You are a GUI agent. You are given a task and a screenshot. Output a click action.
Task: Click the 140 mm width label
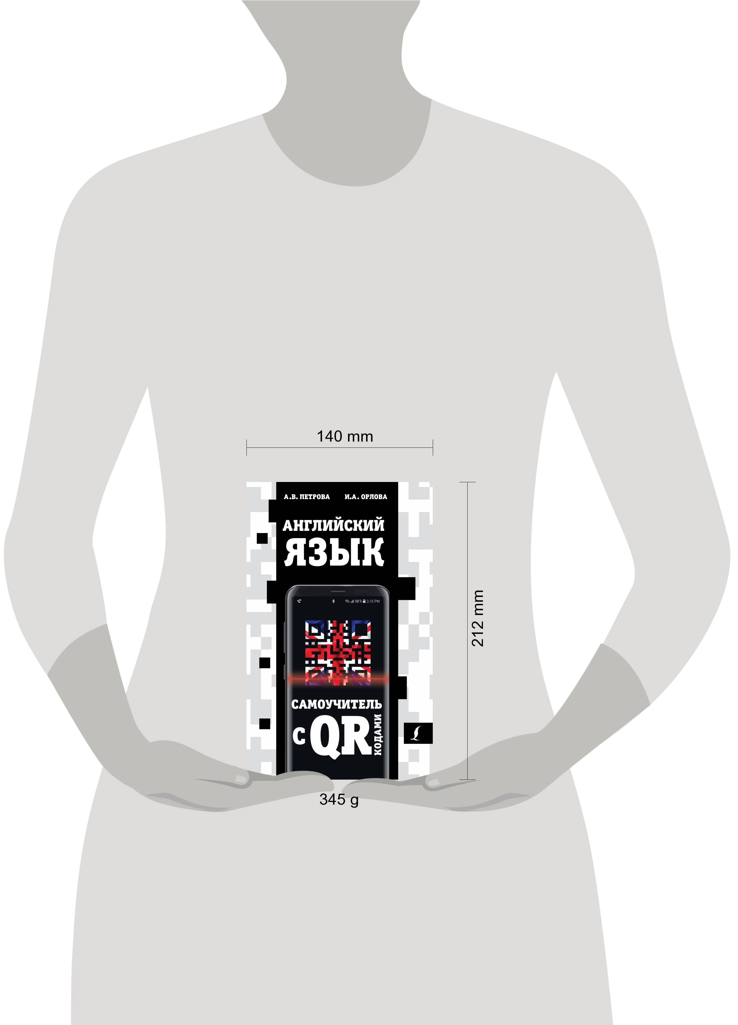click(x=344, y=437)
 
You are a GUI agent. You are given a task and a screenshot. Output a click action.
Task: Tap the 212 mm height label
click(x=478, y=618)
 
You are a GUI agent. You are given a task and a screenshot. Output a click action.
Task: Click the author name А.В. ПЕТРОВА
click(x=307, y=497)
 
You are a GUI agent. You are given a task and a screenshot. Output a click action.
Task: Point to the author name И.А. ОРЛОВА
click(x=365, y=497)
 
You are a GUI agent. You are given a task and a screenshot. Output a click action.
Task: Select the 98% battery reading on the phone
click(x=358, y=601)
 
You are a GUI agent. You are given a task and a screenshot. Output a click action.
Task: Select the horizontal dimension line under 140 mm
click(x=339, y=448)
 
